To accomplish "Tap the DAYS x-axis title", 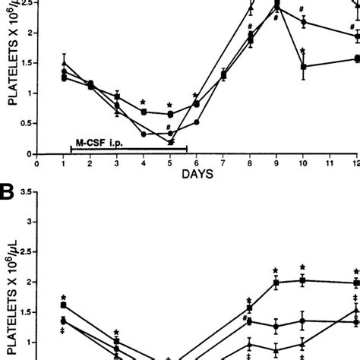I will (x=197, y=173).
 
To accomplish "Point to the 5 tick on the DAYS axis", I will (x=169, y=162).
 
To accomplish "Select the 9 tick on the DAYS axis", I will (x=276, y=162).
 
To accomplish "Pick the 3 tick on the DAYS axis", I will (x=117, y=162).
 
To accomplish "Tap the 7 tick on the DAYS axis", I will (x=223, y=162).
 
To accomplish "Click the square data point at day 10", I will (x=303, y=67).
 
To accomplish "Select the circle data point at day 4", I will (x=144, y=134).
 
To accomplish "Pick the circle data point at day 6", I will (x=197, y=122).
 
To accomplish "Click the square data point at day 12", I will (x=355, y=58).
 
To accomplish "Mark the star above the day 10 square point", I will (x=303, y=51).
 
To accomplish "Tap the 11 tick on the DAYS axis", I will (x=329, y=162).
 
